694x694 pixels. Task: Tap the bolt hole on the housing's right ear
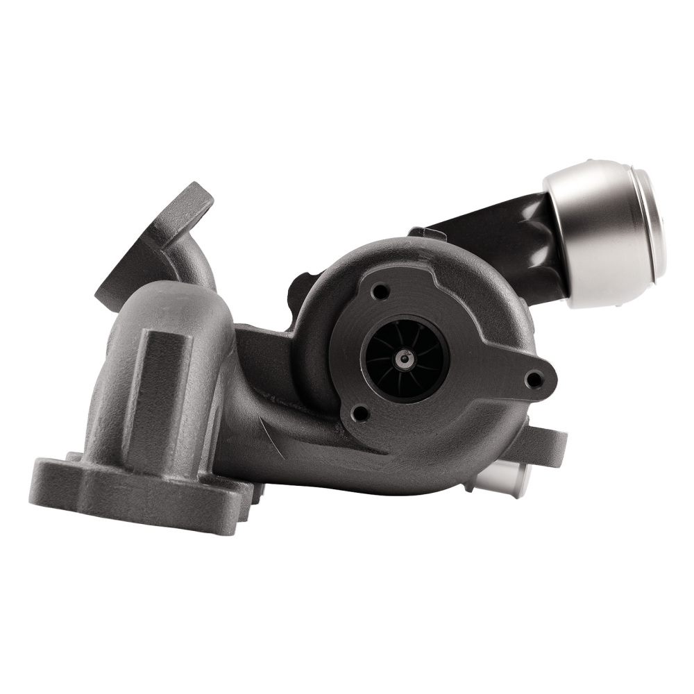coord(534,379)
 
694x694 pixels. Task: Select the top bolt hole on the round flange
coord(378,292)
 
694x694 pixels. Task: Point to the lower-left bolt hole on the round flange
coord(359,414)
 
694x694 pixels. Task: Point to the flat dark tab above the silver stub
coord(548,441)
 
